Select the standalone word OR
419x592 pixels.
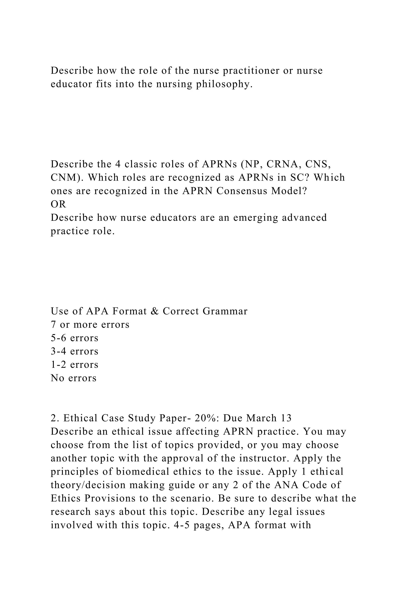tap(58, 204)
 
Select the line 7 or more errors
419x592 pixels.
tap(90, 325)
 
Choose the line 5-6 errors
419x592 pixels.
tap(74, 338)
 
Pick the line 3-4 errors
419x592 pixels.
tap(74, 351)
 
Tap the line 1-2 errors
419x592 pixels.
tap(74, 365)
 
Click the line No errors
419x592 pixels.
tap(73, 378)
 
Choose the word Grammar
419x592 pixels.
tap(225, 311)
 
